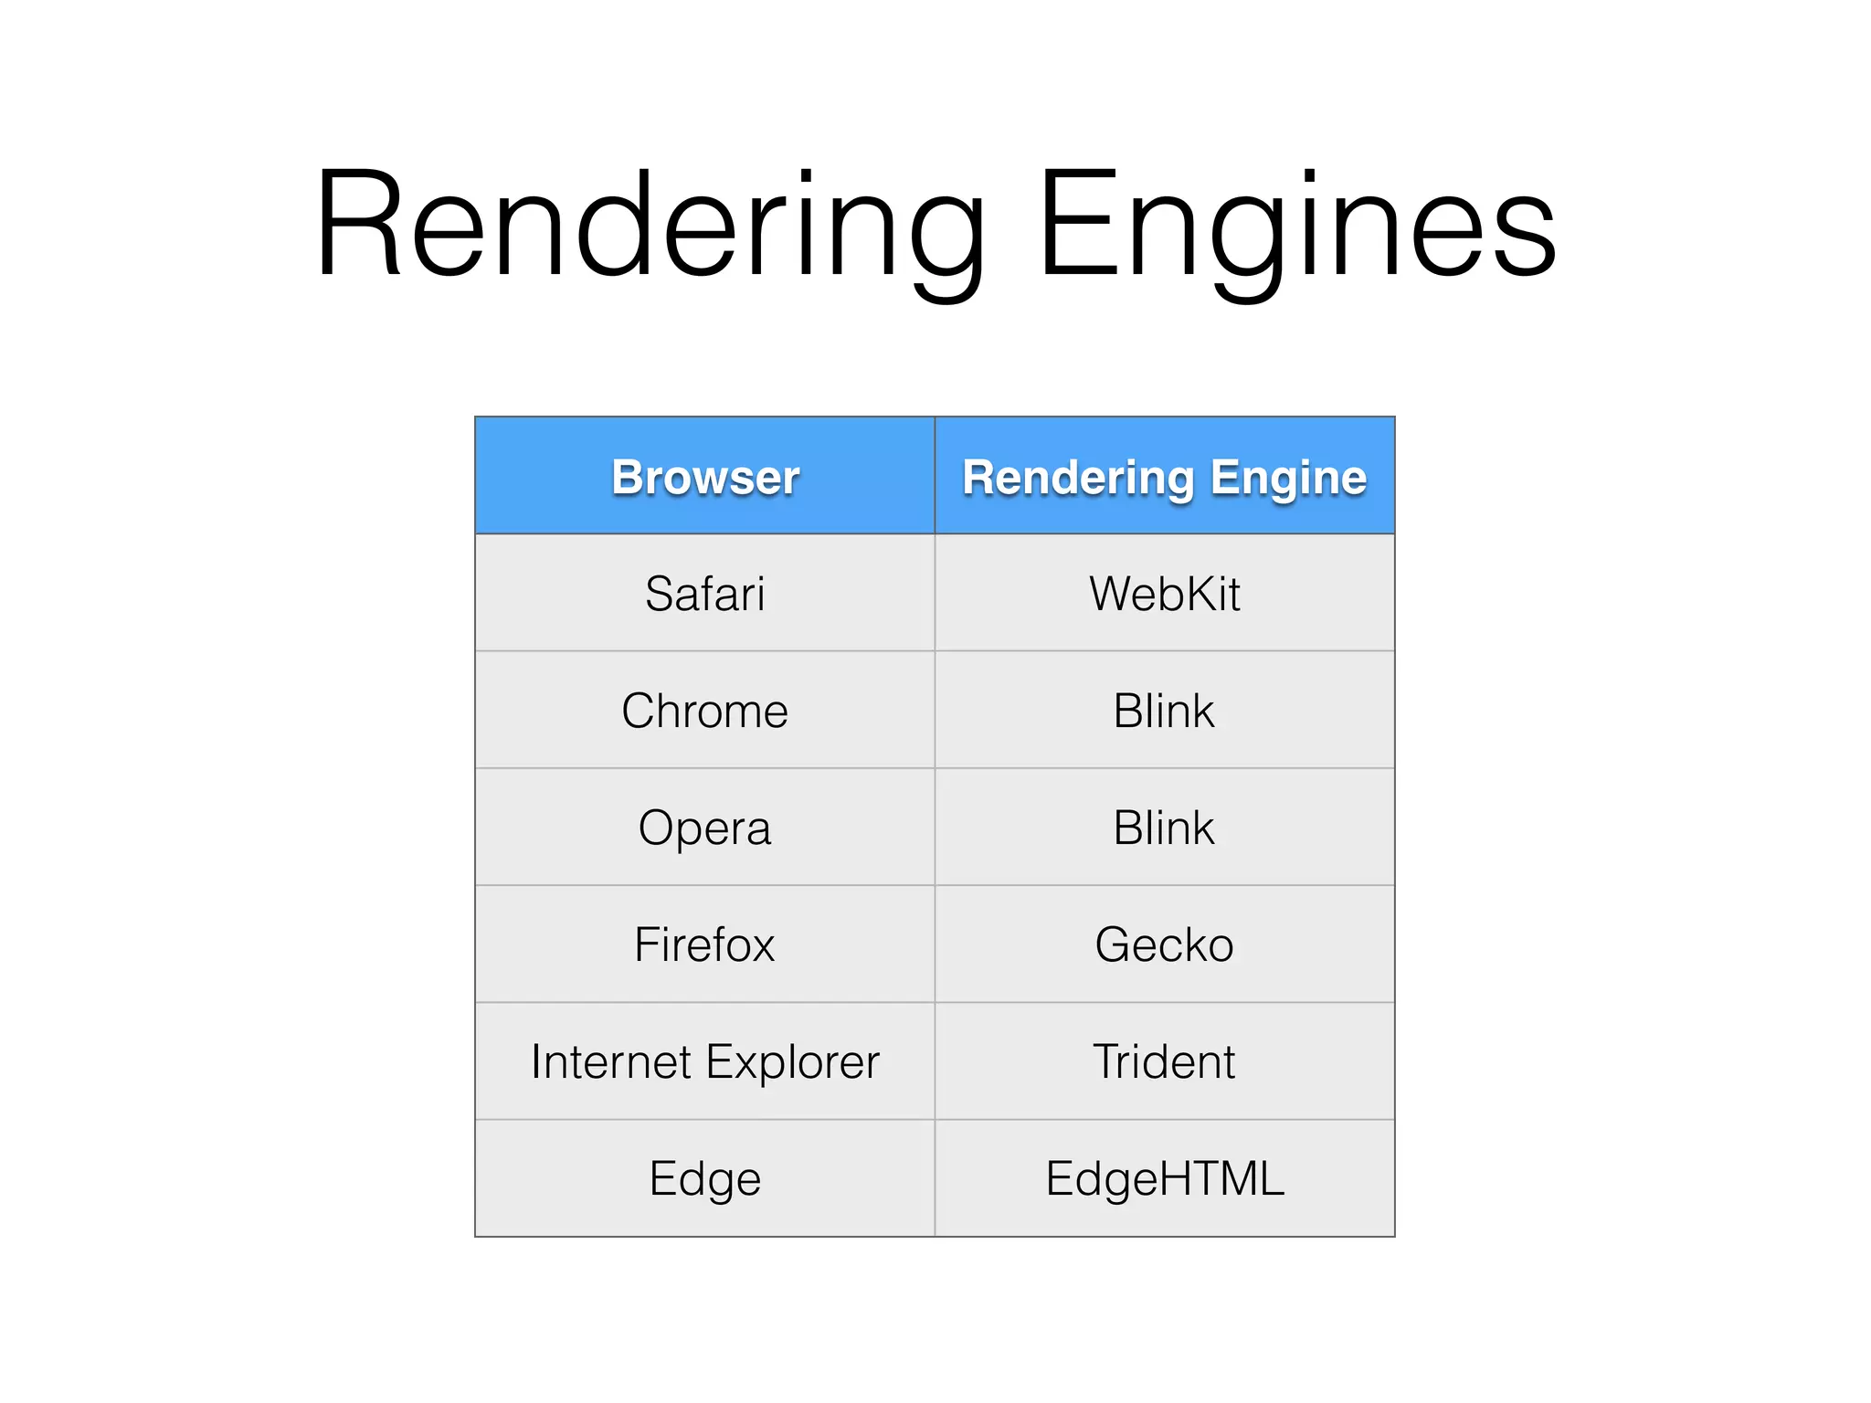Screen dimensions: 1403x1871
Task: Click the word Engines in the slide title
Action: [1297, 227]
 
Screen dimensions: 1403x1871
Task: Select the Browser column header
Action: [705, 477]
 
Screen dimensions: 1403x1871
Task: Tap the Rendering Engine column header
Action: [1165, 477]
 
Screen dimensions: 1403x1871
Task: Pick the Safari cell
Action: [705, 594]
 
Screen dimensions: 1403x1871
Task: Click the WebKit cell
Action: [1165, 594]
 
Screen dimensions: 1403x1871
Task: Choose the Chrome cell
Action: [705, 711]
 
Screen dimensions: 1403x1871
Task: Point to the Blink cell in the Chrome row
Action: [1165, 711]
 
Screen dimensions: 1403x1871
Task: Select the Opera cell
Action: [705, 828]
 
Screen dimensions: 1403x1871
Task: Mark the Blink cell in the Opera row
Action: [1165, 828]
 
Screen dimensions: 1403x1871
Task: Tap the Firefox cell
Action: [705, 944]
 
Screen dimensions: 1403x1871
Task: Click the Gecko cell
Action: [1165, 944]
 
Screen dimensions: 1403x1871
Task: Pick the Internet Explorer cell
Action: [705, 1061]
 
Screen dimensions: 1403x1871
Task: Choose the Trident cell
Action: [1165, 1061]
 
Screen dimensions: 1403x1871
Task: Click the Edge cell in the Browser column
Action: [705, 1178]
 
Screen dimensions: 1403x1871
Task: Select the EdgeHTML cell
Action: [1165, 1178]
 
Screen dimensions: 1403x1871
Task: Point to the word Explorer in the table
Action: [792, 1061]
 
